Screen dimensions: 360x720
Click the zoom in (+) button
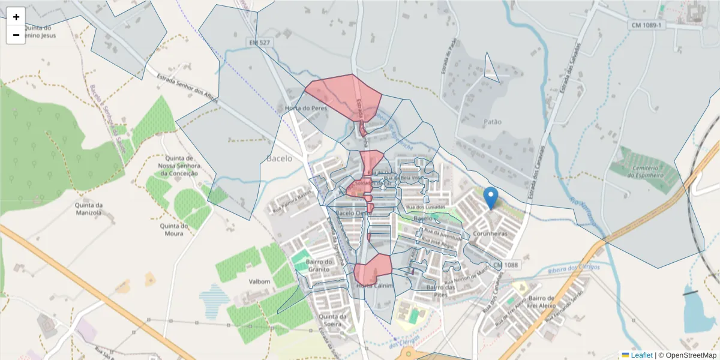point(16,17)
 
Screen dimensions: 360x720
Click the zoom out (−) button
point(16,35)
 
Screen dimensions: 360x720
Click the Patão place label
point(492,122)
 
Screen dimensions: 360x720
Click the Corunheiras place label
point(490,233)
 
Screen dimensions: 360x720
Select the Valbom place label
point(260,281)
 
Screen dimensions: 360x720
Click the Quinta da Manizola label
point(89,208)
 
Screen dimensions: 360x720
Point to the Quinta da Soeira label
point(334,320)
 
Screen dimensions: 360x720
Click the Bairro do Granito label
point(319,265)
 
